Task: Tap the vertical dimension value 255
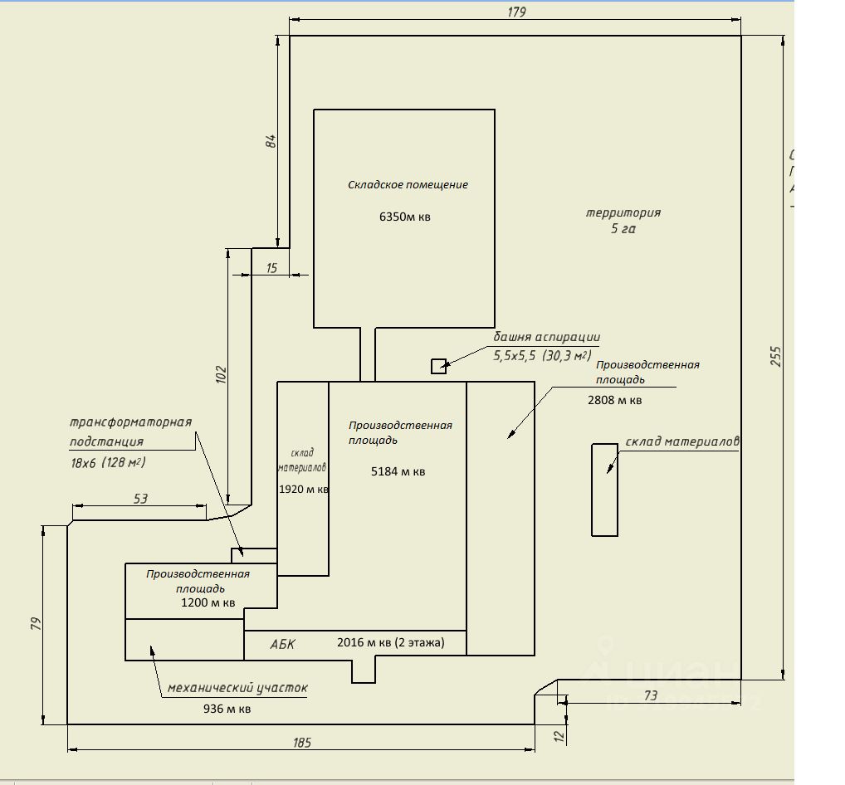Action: tap(775, 356)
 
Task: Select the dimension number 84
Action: tap(270, 140)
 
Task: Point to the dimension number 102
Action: tap(220, 374)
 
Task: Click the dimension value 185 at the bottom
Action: tap(301, 742)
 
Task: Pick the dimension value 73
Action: tap(650, 695)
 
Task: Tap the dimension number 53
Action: tap(140, 499)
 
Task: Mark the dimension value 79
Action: tap(36, 623)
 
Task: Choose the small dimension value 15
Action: tap(271, 268)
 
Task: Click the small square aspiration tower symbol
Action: tap(438, 366)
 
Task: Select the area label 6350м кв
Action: tap(405, 217)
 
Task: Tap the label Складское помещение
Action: tap(408, 184)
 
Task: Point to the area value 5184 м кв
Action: tap(398, 471)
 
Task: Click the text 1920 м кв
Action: tap(304, 489)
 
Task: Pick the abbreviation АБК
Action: tap(282, 644)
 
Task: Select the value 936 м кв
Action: tap(227, 709)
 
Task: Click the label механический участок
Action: tap(237, 688)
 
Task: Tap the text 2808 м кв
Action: tap(614, 400)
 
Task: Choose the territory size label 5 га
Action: tap(623, 229)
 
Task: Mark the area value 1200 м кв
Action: tap(208, 602)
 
